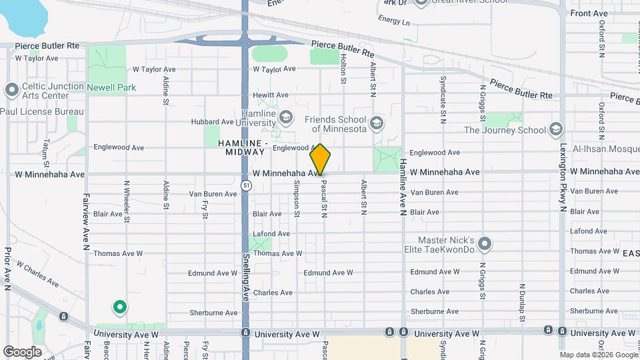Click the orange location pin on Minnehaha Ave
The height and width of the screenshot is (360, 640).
click(320, 159)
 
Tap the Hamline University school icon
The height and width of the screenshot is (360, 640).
click(286, 117)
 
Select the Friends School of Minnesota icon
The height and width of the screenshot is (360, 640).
click(377, 123)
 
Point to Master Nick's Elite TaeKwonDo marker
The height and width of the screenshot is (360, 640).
click(485, 245)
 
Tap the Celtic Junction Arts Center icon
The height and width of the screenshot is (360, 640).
click(11, 90)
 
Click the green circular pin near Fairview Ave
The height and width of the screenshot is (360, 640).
click(119, 307)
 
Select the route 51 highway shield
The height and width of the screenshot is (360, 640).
click(246, 185)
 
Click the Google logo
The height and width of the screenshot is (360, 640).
click(22, 351)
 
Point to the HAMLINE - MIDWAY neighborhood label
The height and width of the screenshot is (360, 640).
click(241, 147)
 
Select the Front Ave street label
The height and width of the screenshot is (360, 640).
click(589, 13)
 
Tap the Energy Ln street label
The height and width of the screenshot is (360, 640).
click(394, 21)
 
